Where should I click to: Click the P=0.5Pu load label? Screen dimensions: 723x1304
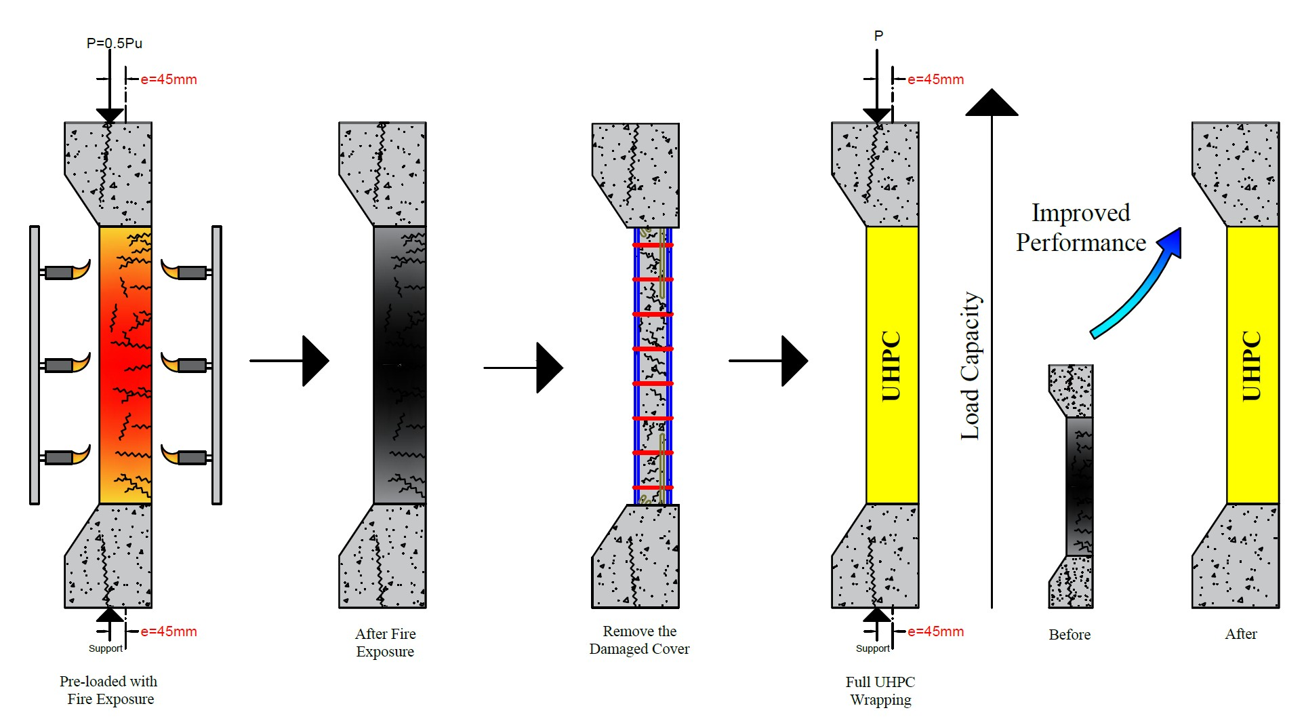click(114, 43)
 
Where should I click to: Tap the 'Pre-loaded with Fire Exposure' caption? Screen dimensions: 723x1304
click(109, 690)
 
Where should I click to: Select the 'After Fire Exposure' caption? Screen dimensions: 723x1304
click(385, 642)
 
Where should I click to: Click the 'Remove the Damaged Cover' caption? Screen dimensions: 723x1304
click(639, 640)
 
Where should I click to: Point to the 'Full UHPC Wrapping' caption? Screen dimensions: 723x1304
click(880, 690)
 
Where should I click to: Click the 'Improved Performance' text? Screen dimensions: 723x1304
click(1080, 228)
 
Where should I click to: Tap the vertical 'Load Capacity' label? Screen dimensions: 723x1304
click(971, 366)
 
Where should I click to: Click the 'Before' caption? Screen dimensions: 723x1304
click(1069, 634)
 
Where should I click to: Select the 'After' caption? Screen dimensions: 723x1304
click(1240, 633)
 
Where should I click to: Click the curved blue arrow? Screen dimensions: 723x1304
click(1139, 285)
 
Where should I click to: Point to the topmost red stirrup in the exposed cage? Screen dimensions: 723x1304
click(653, 245)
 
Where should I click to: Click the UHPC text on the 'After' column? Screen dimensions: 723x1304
click(1251, 366)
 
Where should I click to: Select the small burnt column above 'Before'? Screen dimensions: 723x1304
click(1071, 486)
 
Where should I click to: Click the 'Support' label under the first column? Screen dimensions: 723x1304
click(106, 648)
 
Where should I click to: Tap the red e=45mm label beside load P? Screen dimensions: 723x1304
click(935, 79)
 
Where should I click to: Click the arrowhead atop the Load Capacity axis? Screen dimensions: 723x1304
click(992, 103)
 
